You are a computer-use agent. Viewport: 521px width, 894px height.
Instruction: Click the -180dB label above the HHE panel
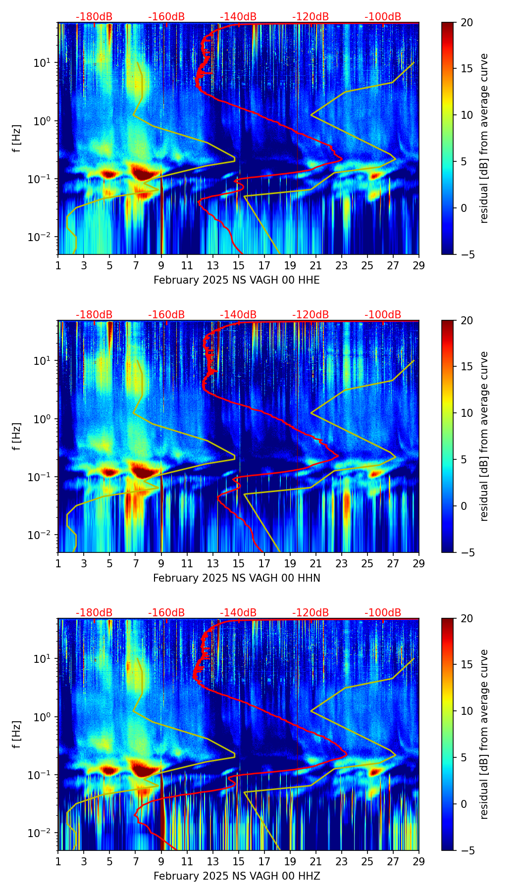tap(94, 17)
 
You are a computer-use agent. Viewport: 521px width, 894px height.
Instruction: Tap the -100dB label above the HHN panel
tap(383, 315)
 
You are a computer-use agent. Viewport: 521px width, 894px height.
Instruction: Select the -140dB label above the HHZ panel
tap(238, 613)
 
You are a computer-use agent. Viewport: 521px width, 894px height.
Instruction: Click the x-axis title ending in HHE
tap(236, 280)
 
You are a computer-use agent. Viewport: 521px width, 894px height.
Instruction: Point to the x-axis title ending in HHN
tap(236, 578)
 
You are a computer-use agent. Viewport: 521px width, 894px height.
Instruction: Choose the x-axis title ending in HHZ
tap(236, 876)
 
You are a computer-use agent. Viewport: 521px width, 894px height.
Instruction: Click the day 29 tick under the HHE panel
tap(418, 265)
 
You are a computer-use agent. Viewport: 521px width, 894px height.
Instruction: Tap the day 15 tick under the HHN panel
tap(239, 563)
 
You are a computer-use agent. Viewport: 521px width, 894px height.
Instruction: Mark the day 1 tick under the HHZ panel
tap(58, 861)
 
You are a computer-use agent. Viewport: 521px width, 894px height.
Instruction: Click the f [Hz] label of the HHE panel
tap(17, 138)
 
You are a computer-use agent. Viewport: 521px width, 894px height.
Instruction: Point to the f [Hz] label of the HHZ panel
tap(17, 734)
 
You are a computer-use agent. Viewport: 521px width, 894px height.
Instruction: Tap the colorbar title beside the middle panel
tap(484, 436)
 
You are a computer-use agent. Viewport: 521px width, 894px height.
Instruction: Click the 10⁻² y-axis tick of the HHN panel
tap(44, 535)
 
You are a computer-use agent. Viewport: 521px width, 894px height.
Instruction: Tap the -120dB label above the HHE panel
tap(311, 17)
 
